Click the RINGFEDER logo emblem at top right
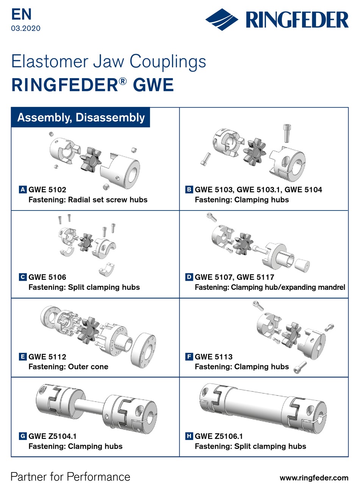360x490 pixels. point(222,19)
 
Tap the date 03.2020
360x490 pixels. point(26,28)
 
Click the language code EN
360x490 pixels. point(21,14)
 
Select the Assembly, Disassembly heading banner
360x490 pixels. point(81,118)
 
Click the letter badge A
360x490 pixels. point(23,189)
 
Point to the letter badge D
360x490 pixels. point(189,277)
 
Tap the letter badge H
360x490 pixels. point(189,436)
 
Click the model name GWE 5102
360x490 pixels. point(47,189)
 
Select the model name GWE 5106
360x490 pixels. point(47,277)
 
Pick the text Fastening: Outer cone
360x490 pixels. point(68,367)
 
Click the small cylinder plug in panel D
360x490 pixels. point(302,265)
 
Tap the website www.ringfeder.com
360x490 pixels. point(314,478)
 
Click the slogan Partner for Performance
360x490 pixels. point(70,477)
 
